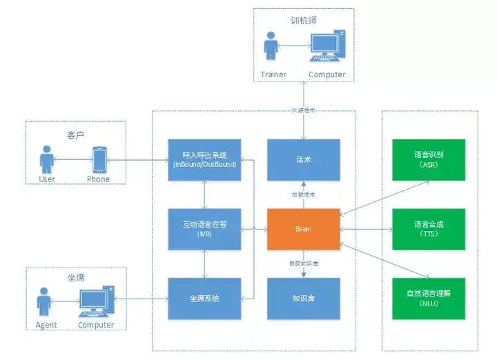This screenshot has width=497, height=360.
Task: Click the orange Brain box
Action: point(304,228)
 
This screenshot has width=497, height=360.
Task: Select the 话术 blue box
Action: point(304,159)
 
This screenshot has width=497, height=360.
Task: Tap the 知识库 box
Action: point(304,298)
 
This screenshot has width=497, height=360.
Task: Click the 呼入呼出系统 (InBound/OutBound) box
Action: point(205,159)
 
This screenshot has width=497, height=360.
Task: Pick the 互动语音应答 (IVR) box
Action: point(205,228)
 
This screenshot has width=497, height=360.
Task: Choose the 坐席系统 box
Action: point(205,298)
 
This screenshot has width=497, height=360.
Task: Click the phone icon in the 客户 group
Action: point(99,160)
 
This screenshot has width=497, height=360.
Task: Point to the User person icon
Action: point(47,159)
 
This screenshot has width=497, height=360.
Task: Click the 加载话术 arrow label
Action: point(304,194)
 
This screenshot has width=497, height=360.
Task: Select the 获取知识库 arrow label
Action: point(304,263)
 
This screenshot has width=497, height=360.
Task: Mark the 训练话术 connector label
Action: point(304,110)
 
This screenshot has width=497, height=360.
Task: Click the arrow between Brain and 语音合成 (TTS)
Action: point(366,228)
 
